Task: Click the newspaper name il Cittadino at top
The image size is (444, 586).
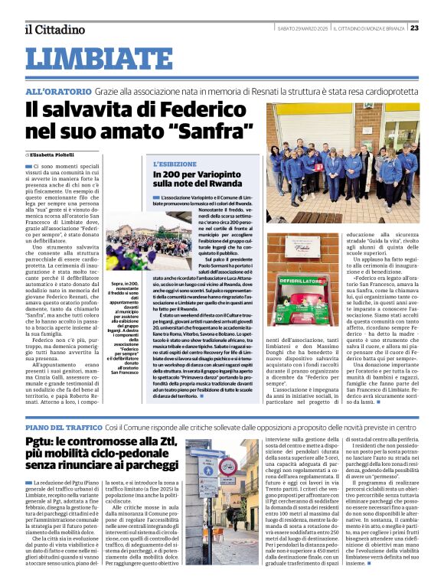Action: pos(54,29)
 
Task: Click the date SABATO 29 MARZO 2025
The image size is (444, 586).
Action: pos(302,28)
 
